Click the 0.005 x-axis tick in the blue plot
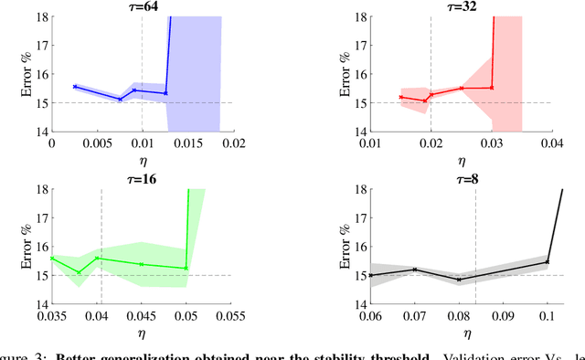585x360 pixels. [96, 143]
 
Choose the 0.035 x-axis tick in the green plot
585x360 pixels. [52, 315]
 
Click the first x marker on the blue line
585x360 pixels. [75, 87]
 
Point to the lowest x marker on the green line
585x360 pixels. [79, 272]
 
